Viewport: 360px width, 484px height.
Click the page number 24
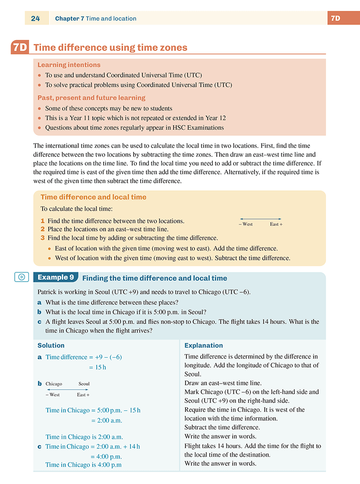(x=35, y=19)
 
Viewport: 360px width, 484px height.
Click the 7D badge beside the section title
(x=20, y=48)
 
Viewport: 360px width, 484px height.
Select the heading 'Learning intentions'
(x=69, y=65)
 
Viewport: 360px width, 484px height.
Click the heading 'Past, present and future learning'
(x=91, y=98)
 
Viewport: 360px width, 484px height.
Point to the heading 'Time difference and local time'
(x=93, y=197)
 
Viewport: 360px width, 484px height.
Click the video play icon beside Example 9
(x=21, y=277)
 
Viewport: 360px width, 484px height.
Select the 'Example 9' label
(x=55, y=277)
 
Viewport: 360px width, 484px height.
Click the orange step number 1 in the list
(x=42, y=221)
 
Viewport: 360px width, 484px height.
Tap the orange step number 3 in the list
(x=42, y=238)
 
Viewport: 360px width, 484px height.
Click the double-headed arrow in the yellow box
(x=260, y=219)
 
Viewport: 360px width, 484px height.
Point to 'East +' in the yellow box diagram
(x=276, y=224)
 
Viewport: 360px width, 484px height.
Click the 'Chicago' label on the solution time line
(x=54, y=384)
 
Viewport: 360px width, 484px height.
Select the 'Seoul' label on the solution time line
(x=84, y=384)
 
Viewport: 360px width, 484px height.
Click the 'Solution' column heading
(x=51, y=345)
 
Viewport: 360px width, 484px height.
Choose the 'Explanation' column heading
(x=204, y=345)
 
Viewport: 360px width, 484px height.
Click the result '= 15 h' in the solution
(x=97, y=367)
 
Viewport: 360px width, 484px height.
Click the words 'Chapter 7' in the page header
(x=70, y=19)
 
